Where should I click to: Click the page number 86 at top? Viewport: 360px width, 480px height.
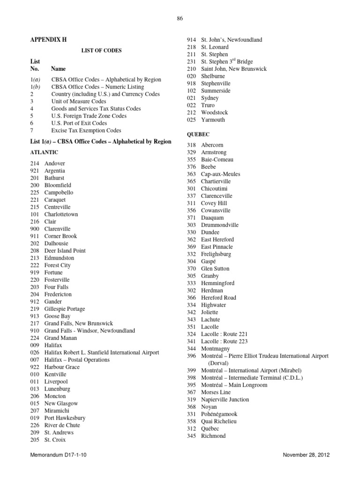click(180, 19)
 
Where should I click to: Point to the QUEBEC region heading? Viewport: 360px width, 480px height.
click(198, 134)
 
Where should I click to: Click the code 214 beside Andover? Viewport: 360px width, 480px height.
click(35, 164)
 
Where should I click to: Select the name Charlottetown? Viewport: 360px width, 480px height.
click(61, 214)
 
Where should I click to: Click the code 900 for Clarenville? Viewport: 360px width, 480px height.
click(35, 229)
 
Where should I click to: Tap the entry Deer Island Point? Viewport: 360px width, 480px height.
click(65, 251)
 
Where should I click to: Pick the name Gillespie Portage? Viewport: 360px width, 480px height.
click(65, 309)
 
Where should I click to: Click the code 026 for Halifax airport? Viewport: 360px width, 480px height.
click(35, 352)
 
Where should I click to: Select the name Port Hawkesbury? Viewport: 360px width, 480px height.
click(65, 418)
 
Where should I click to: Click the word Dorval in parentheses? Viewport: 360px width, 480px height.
click(218, 363)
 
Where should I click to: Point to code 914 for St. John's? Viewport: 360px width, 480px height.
click(191, 40)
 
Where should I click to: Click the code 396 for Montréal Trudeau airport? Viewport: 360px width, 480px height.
click(191, 356)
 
